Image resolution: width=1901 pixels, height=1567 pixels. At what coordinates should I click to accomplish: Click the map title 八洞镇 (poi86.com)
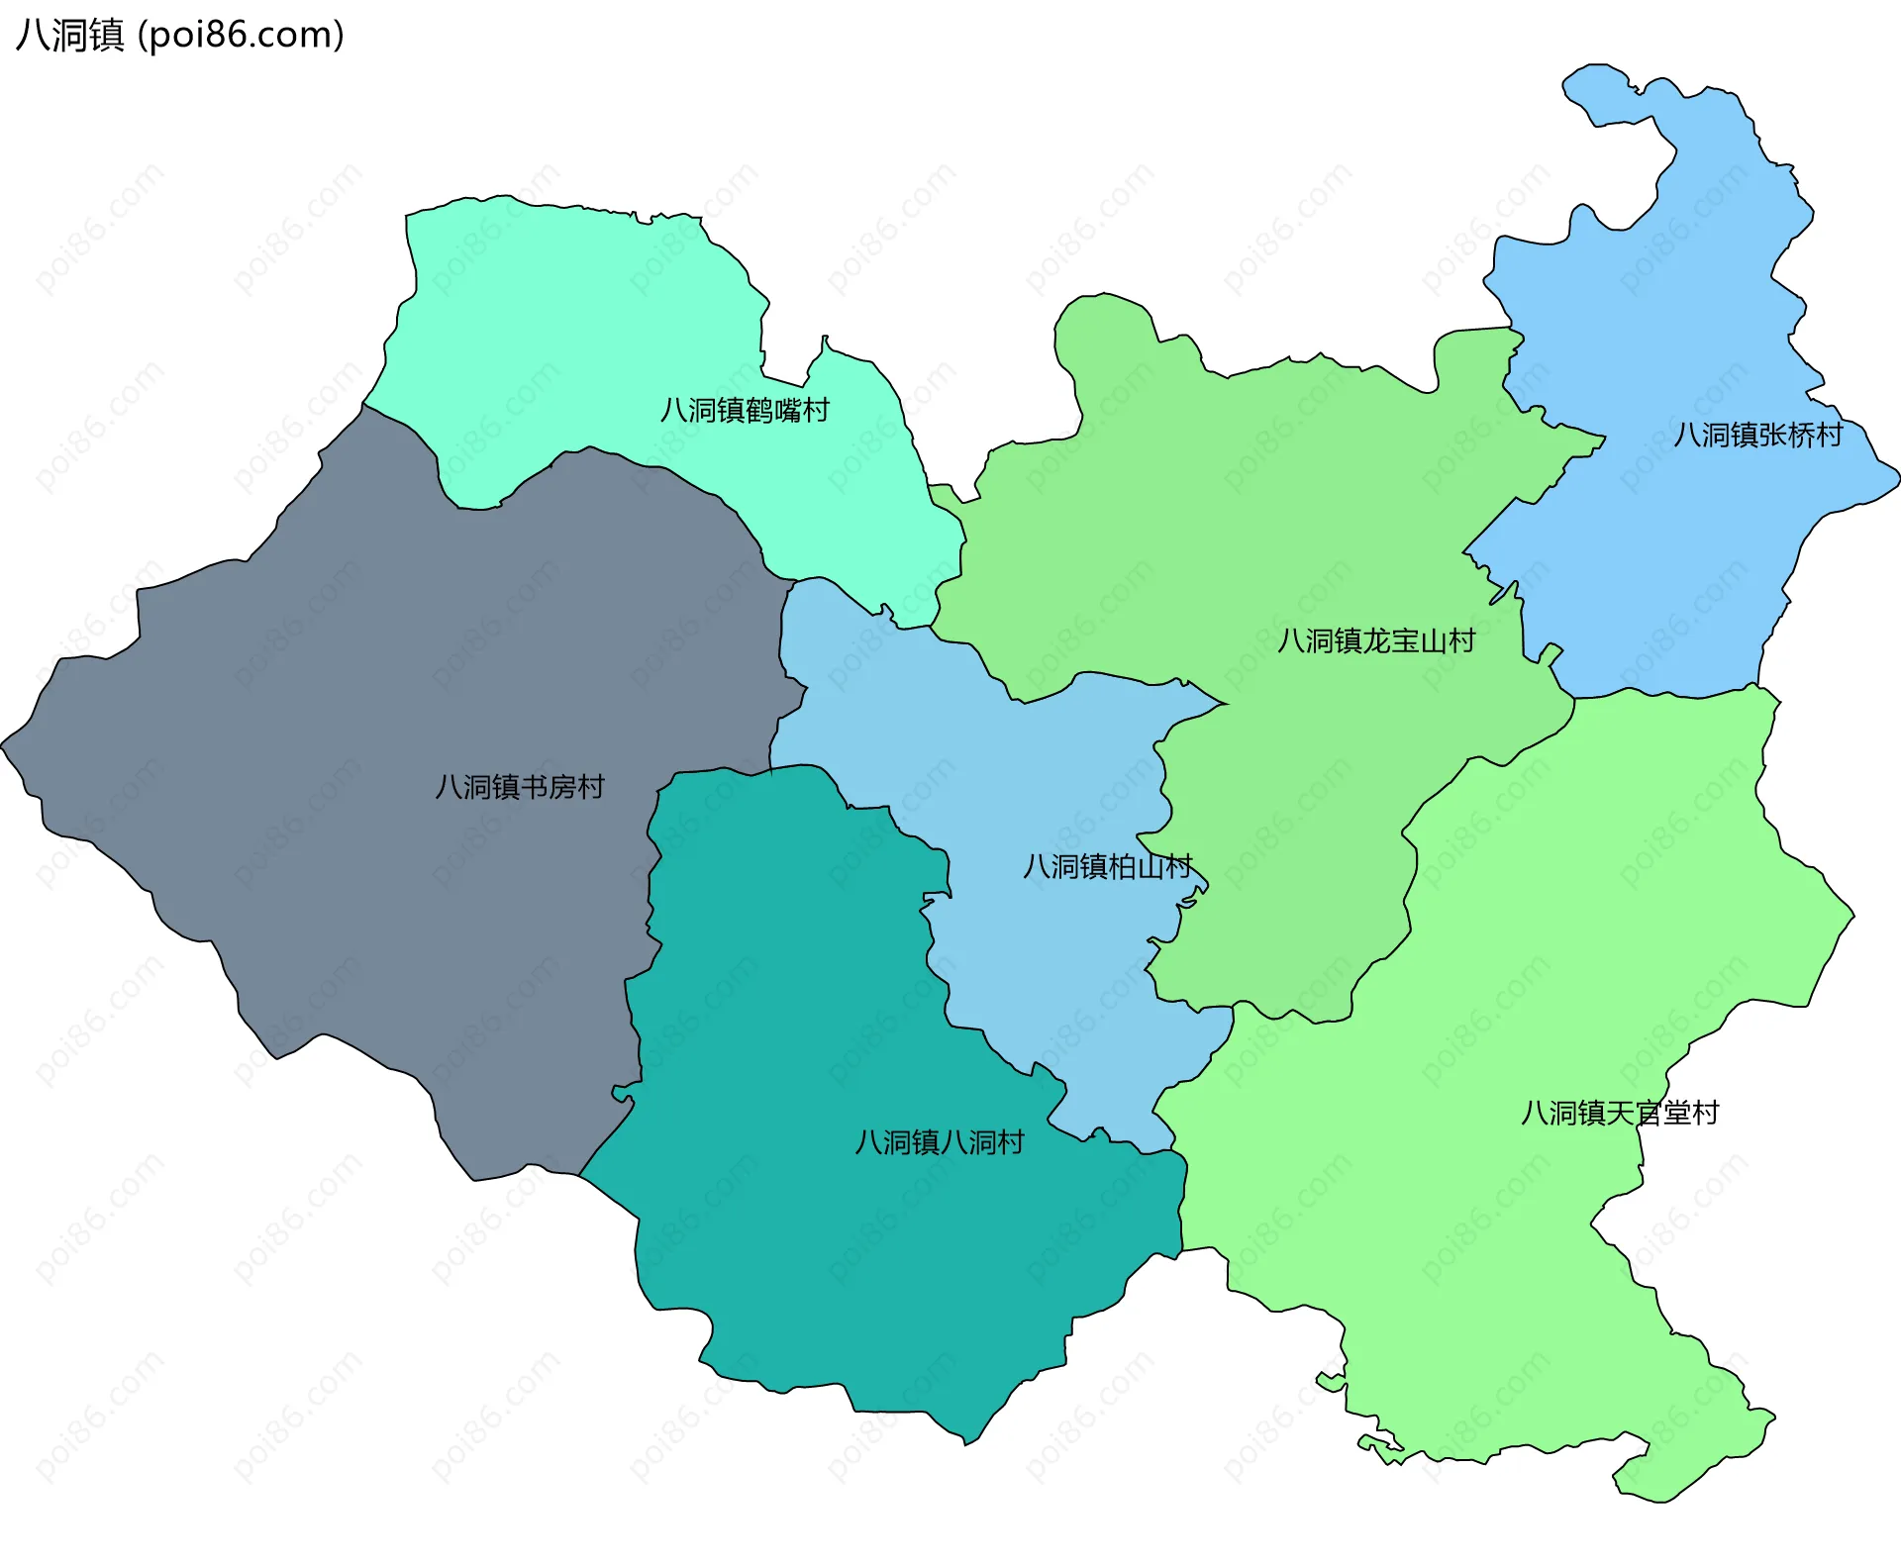[179, 35]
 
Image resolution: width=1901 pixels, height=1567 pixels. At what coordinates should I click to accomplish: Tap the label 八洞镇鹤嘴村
[745, 410]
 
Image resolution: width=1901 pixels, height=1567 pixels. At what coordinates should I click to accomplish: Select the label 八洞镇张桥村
[1757, 435]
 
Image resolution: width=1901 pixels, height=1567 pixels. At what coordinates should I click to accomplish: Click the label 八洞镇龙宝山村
[1375, 640]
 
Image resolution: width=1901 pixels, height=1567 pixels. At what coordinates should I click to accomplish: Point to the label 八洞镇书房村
[520, 787]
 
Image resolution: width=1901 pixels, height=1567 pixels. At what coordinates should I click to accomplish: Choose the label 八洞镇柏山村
[1107, 867]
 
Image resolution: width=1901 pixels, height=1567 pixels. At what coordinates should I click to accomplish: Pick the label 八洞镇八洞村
[939, 1142]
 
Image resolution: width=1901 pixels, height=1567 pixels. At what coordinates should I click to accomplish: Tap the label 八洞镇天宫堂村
[1619, 1113]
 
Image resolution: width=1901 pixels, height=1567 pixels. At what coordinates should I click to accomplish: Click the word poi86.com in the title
[241, 35]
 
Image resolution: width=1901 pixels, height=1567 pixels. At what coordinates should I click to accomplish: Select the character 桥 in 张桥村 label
[1801, 435]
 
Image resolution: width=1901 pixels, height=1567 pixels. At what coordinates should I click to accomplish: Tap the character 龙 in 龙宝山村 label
[1376, 640]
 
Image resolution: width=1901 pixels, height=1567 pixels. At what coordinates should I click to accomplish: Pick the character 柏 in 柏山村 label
[1122, 867]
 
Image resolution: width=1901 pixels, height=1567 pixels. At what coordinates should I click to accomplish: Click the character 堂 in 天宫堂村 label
[1676, 1113]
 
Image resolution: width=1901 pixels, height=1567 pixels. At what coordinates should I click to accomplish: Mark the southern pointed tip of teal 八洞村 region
[967, 1442]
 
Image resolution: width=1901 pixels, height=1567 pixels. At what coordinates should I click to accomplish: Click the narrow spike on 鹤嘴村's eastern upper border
[825, 339]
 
